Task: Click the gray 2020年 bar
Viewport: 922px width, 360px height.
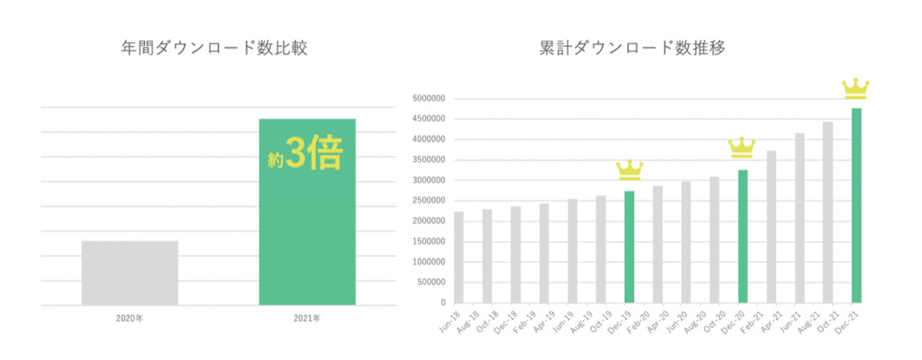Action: coord(130,273)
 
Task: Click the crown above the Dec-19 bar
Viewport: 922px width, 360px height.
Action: coord(629,170)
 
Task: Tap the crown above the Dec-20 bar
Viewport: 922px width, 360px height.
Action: coord(743,147)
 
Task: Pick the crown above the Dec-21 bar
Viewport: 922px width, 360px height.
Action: coord(856,88)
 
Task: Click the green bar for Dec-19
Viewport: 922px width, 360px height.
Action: coord(629,247)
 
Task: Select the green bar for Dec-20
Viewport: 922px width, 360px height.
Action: coord(743,237)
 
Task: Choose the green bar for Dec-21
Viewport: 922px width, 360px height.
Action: coord(856,206)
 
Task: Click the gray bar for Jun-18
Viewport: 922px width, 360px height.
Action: coord(458,257)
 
